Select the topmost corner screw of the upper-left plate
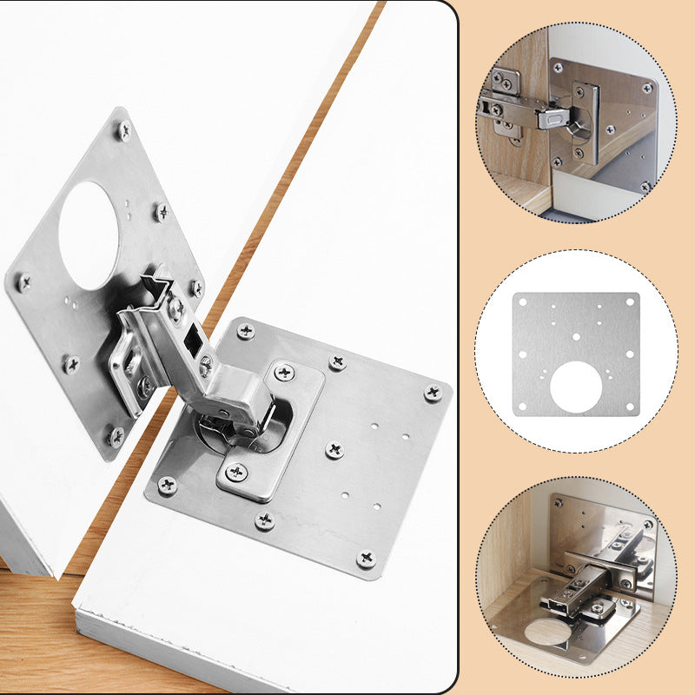[124, 131]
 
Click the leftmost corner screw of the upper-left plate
[23, 282]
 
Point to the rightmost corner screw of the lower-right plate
[432, 393]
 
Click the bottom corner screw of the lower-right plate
[366, 557]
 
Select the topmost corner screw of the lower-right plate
[246, 331]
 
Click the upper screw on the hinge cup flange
[284, 372]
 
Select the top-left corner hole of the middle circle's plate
[523, 302]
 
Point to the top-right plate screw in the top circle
[646, 88]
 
